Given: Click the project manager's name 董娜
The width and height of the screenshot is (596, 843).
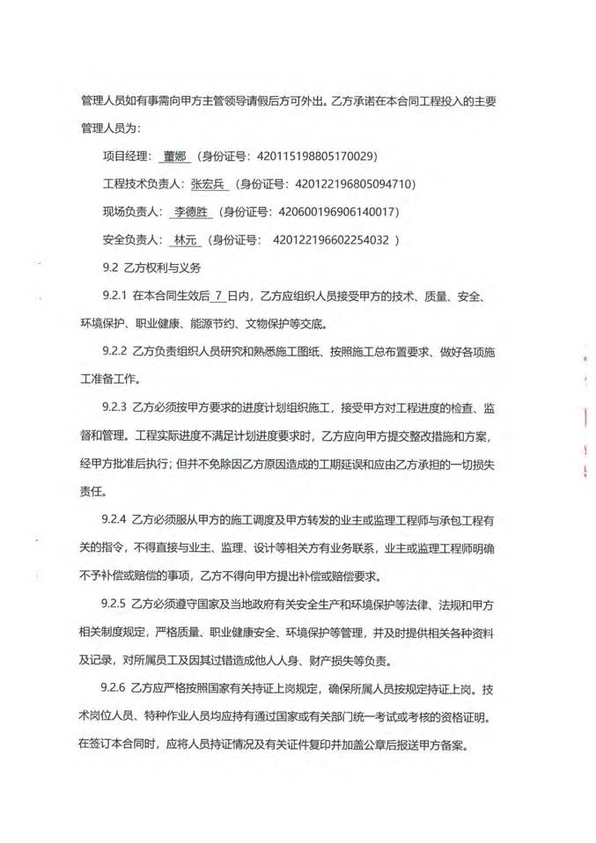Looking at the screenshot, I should (x=174, y=158).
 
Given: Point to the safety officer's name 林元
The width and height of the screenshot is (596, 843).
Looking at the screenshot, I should (x=185, y=239).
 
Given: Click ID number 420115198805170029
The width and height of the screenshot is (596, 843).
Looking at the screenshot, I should (x=315, y=158).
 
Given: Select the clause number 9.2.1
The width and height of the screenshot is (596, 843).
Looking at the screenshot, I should (x=115, y=296).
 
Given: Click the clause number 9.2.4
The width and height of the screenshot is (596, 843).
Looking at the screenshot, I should (x=115, y=519).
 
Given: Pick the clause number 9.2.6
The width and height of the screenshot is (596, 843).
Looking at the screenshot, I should (x=115, y=686).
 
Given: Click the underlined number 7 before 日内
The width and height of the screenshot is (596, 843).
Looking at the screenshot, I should (x=217, y=296).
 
